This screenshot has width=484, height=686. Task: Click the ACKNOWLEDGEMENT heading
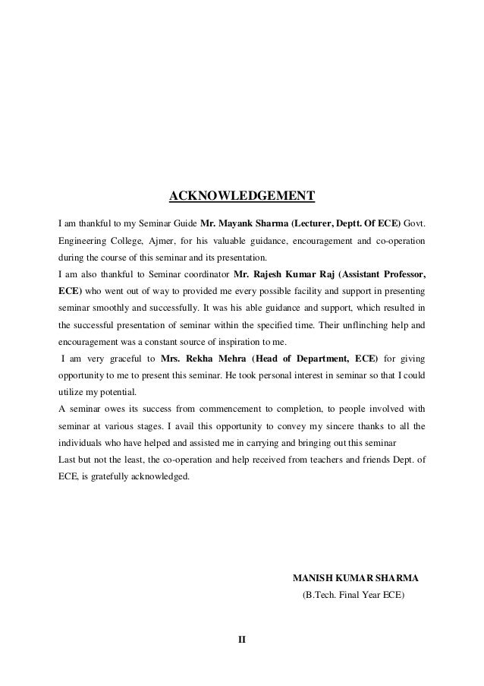click(241, 198)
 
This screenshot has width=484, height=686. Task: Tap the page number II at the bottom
click(242, 639)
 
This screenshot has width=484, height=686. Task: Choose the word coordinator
click(202, 274)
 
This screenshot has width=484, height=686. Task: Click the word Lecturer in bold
click(302, 225)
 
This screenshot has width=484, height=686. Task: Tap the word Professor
click(401, 274)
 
